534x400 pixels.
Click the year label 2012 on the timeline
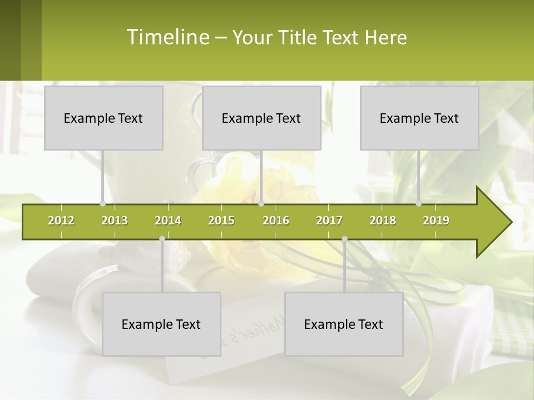[x=61, y=221]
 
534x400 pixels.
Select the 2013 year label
[x=115, y=221]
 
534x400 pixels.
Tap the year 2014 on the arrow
[x=168, y=221]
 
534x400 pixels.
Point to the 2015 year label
[x=221, y=221]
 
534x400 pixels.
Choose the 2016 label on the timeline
[x=276, y=221]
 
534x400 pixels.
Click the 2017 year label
[x=329, y=221]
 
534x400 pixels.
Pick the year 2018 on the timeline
[x=383, y=221]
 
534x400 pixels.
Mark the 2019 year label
[x=436, y=221]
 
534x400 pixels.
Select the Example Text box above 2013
[x=103, y=118]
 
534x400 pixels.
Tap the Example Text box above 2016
[x=261, y=118]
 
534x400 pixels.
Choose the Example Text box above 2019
[x=419, y=118]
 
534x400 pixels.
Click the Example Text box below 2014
[x=161, y=324]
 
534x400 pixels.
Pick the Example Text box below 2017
[x=344, y=324]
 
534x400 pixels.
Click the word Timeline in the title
[x=167, y=37]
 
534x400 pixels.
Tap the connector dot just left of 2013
[x=102, y=204]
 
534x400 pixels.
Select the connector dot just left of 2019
[x=418, y=204]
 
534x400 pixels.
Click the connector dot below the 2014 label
[x=162, y=239]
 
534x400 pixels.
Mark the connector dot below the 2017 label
[x=344, y=239]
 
